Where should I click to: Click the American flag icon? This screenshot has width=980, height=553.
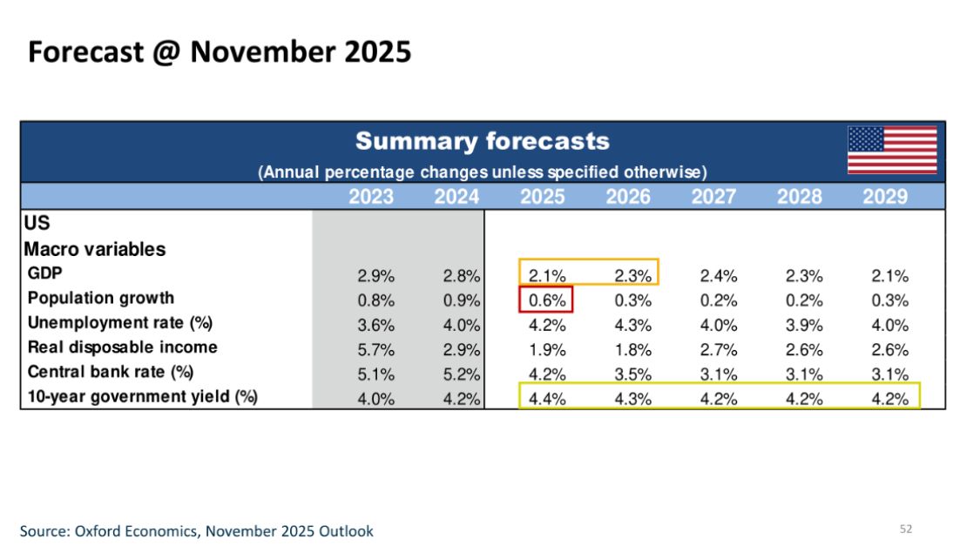click(x=892, y=150)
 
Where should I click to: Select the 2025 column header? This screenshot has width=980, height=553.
click(x=543, y=197)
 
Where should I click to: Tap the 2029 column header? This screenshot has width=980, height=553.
click(x=885, y=197)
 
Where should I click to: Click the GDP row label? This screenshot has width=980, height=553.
click(x=44, y=273)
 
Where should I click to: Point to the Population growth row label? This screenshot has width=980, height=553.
click(x=100, y=298)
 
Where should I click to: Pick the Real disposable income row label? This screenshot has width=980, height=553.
click(x=122, y=347)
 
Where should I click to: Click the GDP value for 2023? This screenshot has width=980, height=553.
click(x=376, y=276)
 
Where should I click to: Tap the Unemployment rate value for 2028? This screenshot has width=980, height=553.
click(x=804, y=326)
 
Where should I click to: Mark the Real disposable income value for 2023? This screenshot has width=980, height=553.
click(x=376, y=350)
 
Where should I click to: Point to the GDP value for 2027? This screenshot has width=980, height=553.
click(x=719, y=276)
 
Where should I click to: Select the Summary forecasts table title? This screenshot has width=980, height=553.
click(x=482, y=141)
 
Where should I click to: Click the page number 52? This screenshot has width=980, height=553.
click(x=905, y=529)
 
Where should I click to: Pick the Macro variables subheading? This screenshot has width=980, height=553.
click(x=94, y=249)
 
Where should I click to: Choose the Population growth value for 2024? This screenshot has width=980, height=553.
click(x=462, y=300)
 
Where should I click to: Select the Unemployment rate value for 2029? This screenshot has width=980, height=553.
click(x=889, y=326)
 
